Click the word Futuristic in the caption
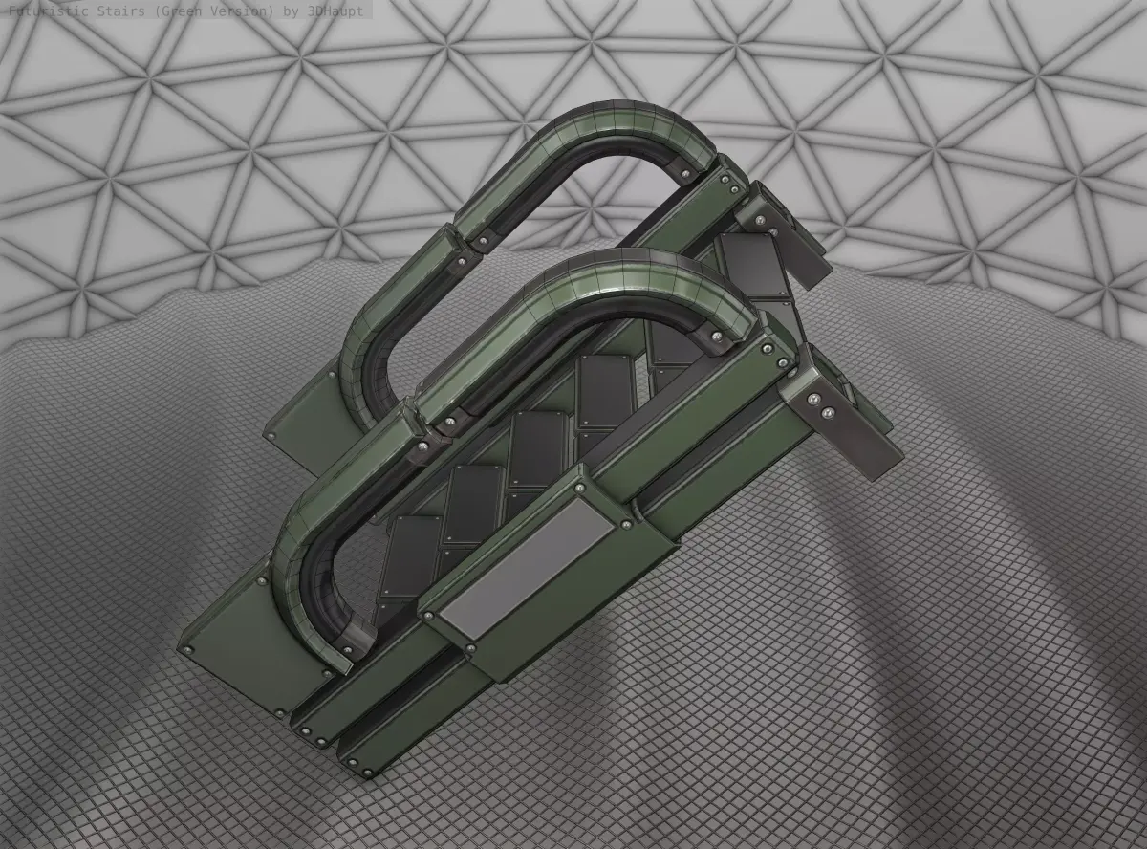(x=44, y=10)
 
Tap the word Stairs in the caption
(x=109, y=10)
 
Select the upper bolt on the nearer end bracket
(x=812, y=398)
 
